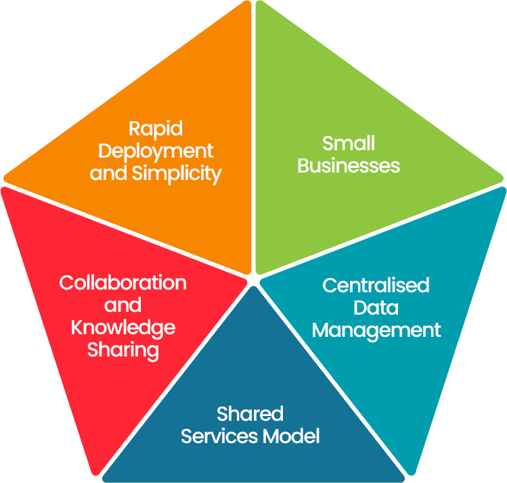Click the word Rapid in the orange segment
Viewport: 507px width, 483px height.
click(156, 128)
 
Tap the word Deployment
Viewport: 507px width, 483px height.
click(156, 150)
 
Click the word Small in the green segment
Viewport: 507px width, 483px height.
click(349, 143)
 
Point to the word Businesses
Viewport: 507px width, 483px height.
click(349, 165)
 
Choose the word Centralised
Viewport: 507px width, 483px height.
click(376, 285)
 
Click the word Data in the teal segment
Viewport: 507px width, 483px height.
click(376, 307)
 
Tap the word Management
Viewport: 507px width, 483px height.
click(376, 329)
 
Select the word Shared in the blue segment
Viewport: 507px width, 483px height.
click(250, 413)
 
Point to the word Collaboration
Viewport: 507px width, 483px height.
click(123, 282)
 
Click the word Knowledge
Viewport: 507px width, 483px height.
click(123, 327)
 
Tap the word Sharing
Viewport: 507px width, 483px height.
click(123, 350)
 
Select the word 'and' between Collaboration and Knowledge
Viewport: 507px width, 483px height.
click(123, 305)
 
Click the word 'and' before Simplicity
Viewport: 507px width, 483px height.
click(109, 173)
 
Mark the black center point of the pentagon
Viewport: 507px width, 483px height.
click(252, 279)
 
